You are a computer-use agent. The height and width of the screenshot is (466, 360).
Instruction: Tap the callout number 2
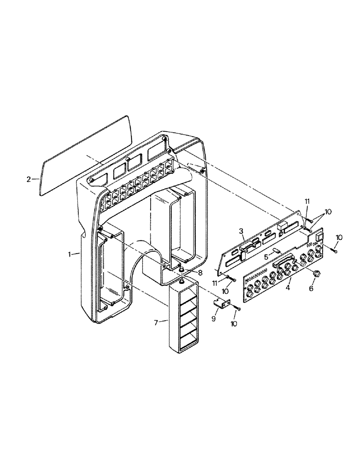[29, 178]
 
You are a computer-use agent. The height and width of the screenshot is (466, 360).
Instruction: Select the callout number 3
[241, 231]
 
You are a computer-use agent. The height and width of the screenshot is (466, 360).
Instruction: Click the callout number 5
[265, 256]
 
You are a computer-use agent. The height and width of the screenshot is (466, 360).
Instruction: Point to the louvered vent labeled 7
[186, 317]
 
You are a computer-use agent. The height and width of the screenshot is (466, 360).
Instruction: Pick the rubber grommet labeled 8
[181, 270]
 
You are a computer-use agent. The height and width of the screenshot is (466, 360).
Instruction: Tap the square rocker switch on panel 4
[318, 237]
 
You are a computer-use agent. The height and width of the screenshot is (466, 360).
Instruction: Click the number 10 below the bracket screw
[233, 322]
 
